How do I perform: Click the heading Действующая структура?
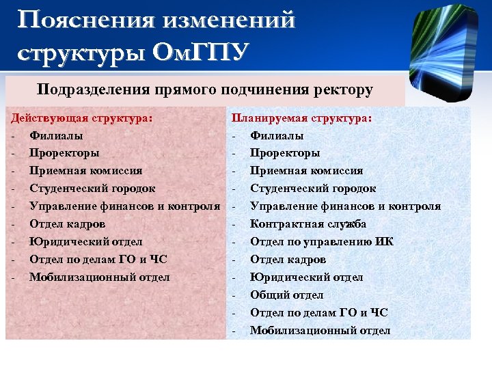pyautogui.click(x=82, y=118)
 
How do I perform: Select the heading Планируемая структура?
pyautogui.click(x=302, y=118)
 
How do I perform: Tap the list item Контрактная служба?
pyautogui.click(x=308, y=224)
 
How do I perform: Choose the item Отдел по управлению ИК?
pyautogui.click(x=322, y=242)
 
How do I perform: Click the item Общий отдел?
pyautogui.click(x=287, y=295)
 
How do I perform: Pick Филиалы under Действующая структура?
pyautogui.click(x=56, y=135)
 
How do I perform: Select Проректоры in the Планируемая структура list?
pyautogui.click(x=285, y=153)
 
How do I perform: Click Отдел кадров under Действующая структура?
pyautogui.click(x=68, y=224)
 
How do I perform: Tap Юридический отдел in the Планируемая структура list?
pyautogui.click(x=307, y=277)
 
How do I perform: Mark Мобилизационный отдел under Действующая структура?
pyautogui.click(x=99, y=277)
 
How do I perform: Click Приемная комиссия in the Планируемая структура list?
pyautogui.click(x=307, y=171)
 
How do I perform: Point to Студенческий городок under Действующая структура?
pyautogui.click(x=92, y=189)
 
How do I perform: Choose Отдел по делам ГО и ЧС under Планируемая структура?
pyautogui.click(x=319, y=313)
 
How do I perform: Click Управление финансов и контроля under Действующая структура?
pyautogui.click(x=124, y=206)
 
